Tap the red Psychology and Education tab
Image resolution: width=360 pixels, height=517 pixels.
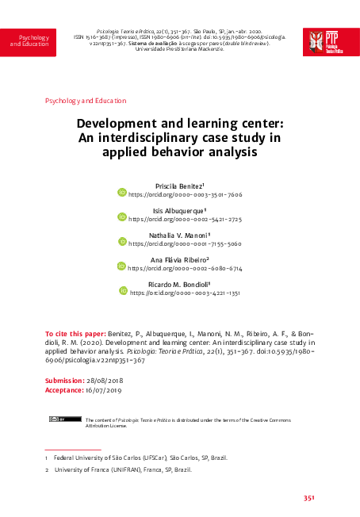click(x=29, y=41)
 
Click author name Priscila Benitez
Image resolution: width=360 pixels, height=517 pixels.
click(x=179, y=185)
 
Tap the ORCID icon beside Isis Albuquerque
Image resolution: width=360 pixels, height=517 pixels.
click(x=122, y=216)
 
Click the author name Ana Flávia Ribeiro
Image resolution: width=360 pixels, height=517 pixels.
click(x=179, y=259)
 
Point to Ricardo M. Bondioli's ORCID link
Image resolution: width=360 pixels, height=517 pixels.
click(x=185, y=293)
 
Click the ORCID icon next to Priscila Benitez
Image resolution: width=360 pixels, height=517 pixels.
click(x=122, y=192)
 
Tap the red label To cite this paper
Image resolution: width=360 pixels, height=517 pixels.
click(x=75, y=335)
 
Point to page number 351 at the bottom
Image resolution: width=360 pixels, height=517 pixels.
click(x=310, y=498)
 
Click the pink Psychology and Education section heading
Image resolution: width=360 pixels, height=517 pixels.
click(x=86, y=101)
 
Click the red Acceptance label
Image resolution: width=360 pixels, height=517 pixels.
click(x=64, y=390)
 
